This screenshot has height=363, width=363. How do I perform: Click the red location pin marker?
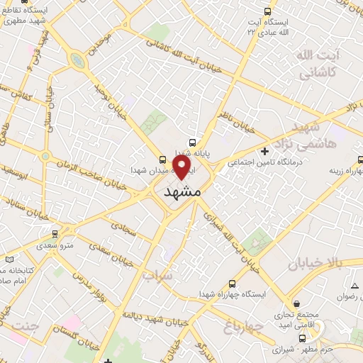click(182, 167)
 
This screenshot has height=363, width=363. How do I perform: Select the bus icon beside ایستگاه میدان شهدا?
click(163, 159)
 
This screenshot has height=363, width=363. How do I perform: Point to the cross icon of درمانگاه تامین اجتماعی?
click(264, 151)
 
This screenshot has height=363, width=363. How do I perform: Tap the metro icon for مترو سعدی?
click(55, 233)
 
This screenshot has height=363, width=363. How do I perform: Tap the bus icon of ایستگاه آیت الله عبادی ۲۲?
click(267, 11)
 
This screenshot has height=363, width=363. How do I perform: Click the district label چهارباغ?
click(243, 327)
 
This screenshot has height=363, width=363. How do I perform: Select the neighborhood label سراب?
click(157, 273)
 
